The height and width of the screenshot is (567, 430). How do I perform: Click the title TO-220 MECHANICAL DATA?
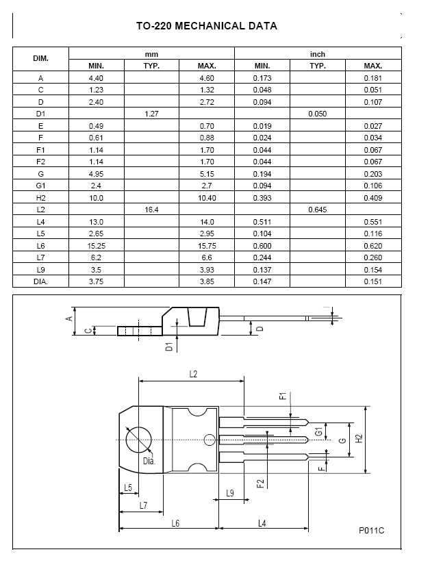pyautogui.click(x=207, y=26)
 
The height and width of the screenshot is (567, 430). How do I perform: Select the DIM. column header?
pyautogui.click(x=40, y=59)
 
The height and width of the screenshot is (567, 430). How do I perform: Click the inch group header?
pyautogui.click(x=318, y=54)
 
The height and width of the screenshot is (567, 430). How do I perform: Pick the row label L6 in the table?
pyautogui.click(x=40, y=246)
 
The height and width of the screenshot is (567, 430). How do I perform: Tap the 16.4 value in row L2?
pyautogui.click(x=151, y=210)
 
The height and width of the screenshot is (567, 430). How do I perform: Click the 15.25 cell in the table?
pyautogui.click(x=96, y=246)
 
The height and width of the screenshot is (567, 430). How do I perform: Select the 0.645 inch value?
pyautogui.click(x=318, y=210)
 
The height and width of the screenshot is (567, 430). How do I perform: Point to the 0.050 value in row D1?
pyautogui.click(x=318, y=114)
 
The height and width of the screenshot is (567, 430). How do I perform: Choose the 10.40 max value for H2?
pyautogui.click(x=207, y=198)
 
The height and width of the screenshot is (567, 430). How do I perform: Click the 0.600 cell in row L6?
pyautogui.click(x=262, y=246)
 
